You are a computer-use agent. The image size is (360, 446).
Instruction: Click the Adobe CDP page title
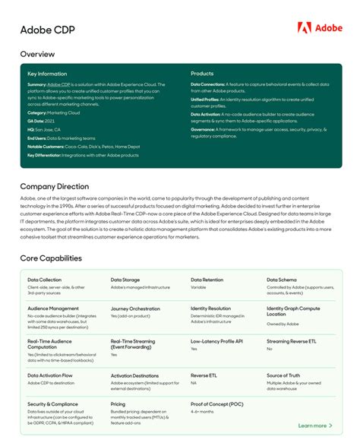(x=43, y=30)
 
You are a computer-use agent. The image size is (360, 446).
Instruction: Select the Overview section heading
(x=37, y=55)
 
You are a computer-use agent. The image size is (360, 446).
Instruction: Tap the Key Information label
(x=47, y=74)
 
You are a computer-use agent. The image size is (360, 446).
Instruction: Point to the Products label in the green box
(x=202, y=74)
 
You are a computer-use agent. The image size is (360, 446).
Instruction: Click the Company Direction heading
(x=54, y=185)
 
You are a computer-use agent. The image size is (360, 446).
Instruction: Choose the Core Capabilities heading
(x=51, y=258)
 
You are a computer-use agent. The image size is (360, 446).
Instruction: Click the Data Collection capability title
(x=44, y=280)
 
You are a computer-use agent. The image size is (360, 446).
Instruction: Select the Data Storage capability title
(x=125, y=280)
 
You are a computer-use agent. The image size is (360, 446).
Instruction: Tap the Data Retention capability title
(x=207, y=280)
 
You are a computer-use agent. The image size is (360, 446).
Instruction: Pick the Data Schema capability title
(x=282, y=280)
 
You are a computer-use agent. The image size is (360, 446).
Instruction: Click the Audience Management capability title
(x=53, y=308)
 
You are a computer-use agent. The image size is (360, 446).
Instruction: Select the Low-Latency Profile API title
(x=217, y=342)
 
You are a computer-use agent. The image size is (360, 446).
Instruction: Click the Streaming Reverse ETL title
(x=292, y=342)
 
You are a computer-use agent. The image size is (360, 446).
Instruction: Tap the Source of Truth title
(x=283, y=375)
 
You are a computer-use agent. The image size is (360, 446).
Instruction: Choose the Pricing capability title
(x=118, y=404)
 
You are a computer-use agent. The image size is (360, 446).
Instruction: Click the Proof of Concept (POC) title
(x=216, y=404)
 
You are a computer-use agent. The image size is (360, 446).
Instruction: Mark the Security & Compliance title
(x=53, y=404)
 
